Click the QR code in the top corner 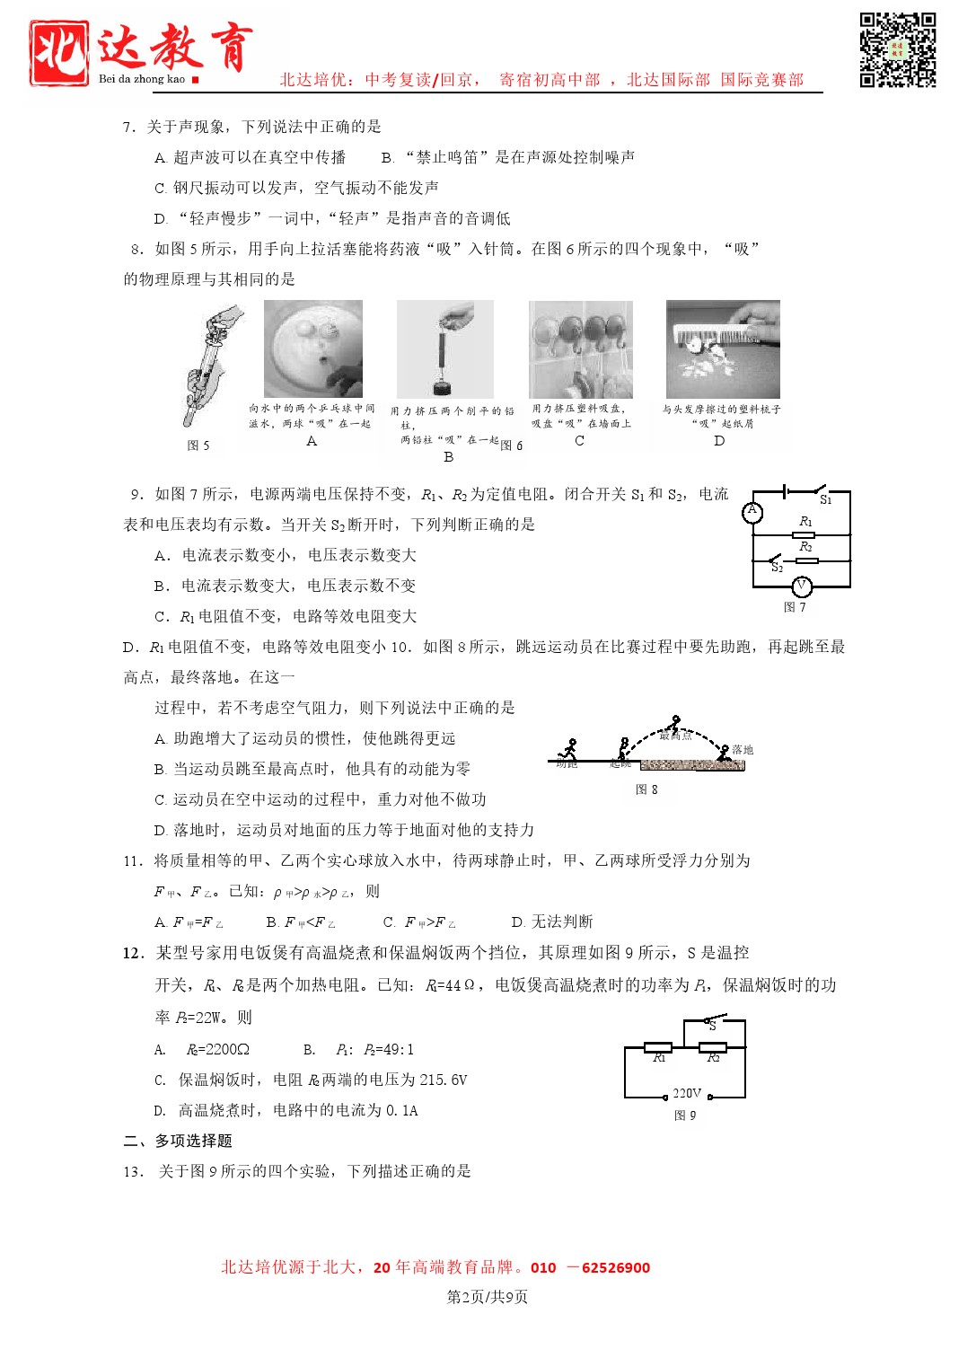coord(897,49)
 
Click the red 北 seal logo coord(58,53)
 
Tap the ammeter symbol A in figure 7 coord(752,512)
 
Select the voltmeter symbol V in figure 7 coord(802,586)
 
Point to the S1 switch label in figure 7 coord(826,500)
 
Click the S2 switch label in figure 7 coord(778,568)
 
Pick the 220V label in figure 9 coord(687,1093)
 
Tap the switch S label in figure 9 coord(712,1025)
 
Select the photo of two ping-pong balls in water coord(313,348)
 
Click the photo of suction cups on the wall coord(581,349)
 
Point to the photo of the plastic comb coord(723,349)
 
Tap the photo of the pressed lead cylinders coord(445,349)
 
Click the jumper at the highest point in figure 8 coord(674,724)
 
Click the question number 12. coord(132,953)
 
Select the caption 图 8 coord(646,789)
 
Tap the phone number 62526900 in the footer coord(616,1268)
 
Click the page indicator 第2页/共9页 coord(488,1297)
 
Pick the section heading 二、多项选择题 coord(178,1141)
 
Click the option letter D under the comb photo coord(719,441)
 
